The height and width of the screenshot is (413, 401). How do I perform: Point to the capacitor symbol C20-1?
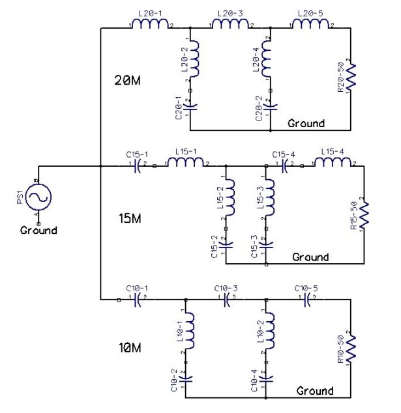(x=190, y=104)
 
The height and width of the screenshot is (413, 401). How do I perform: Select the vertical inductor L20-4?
(x=270, y=60)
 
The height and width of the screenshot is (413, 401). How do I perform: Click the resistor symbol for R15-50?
(x=364, y=215)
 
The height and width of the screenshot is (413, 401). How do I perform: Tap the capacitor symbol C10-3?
(x=226, y=300)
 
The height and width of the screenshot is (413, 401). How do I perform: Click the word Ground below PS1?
(x=38, y=230)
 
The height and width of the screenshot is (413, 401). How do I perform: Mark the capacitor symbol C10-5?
(x=306, y=300)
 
